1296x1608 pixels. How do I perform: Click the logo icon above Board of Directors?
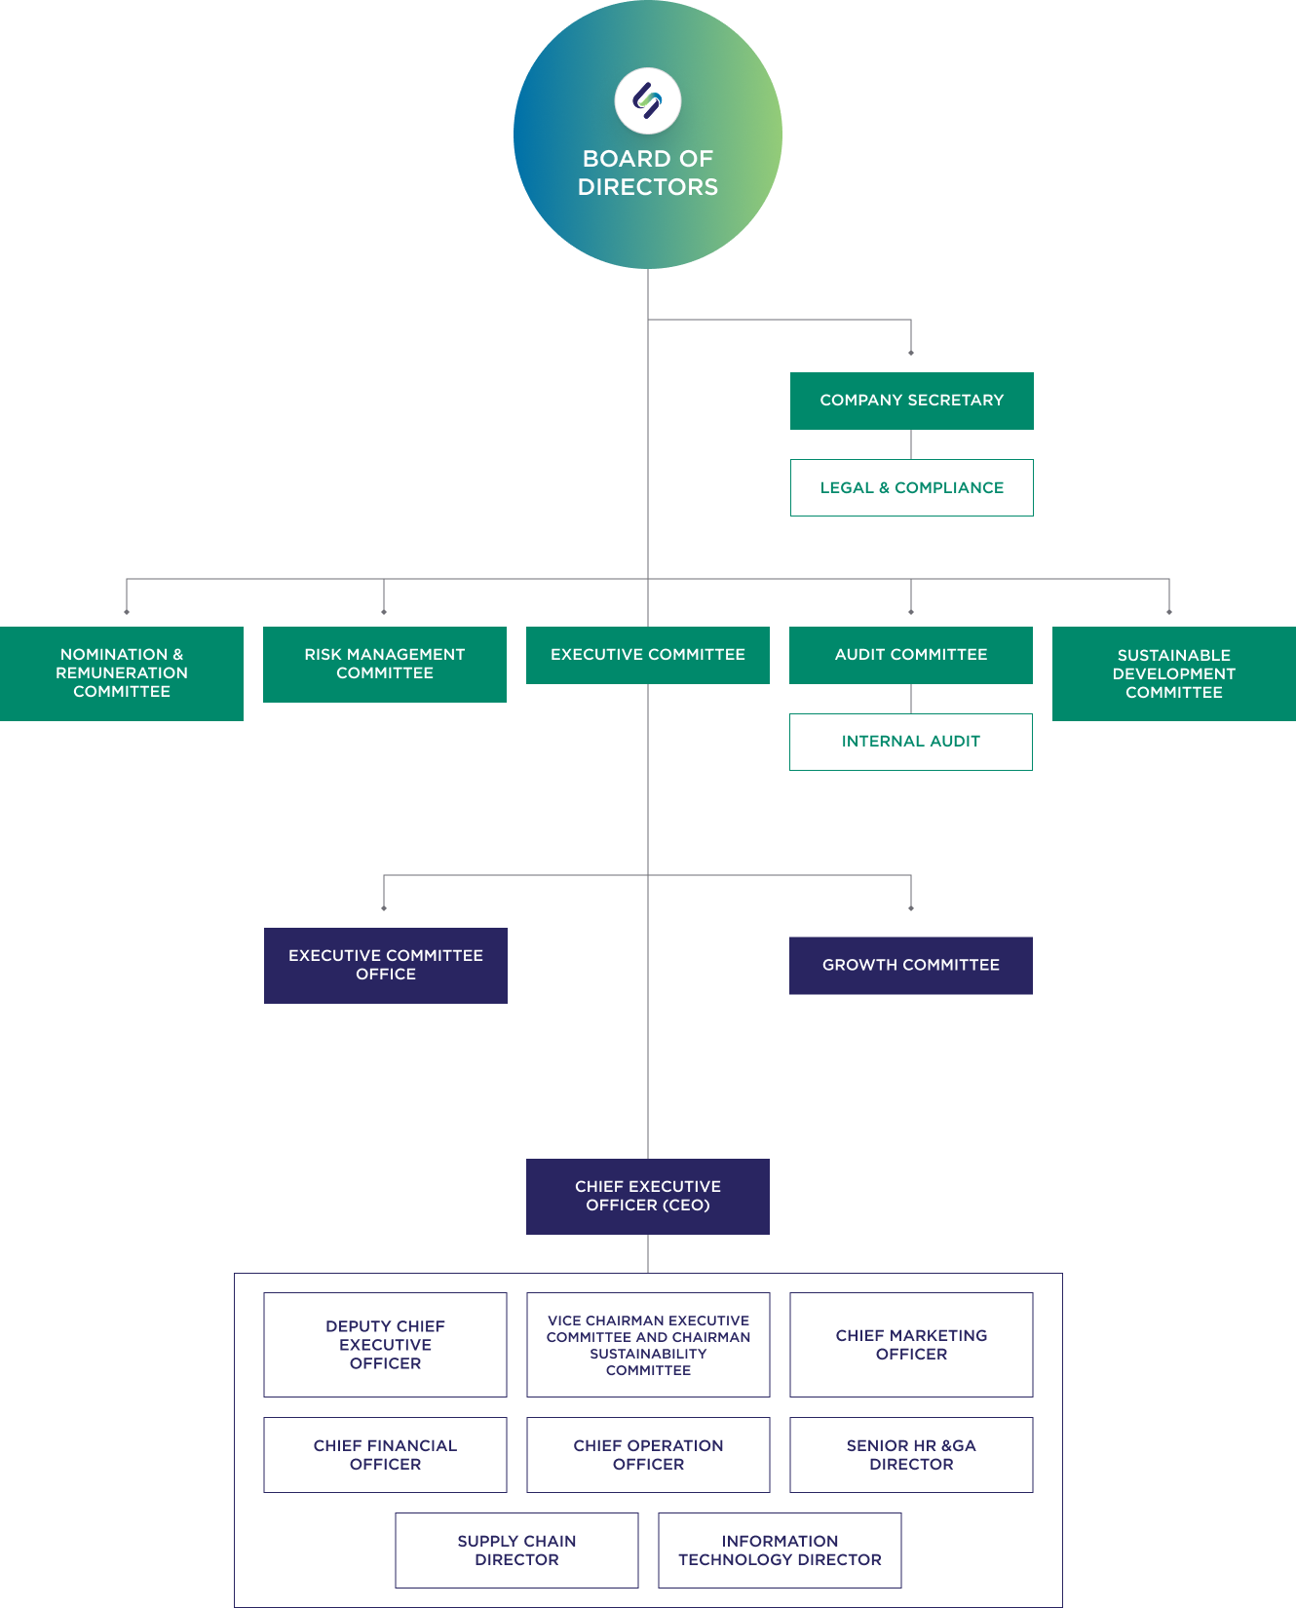648,100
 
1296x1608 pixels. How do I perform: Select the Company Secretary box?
911,401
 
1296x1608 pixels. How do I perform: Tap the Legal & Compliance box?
911,487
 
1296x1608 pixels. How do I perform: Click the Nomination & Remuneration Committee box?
122,673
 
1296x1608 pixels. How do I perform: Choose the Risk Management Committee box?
385,664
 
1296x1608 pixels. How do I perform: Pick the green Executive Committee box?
648,655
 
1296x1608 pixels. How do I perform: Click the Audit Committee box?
911,655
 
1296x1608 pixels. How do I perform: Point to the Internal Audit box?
911,742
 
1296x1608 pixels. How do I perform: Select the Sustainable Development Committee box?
1174,673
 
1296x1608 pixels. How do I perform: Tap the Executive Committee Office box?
386,965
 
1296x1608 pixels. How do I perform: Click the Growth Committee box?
911,965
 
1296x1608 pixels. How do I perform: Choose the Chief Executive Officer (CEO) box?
648,1196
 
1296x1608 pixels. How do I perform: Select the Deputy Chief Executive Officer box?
385,1345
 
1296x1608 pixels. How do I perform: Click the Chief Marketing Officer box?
911,1345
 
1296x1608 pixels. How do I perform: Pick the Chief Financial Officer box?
385,1455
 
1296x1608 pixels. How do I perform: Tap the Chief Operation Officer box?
648,1455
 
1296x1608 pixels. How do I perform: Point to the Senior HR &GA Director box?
911,1455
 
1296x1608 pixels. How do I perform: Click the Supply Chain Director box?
516,1551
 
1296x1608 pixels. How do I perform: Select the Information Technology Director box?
780,1551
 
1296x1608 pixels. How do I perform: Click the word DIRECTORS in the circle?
648,187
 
